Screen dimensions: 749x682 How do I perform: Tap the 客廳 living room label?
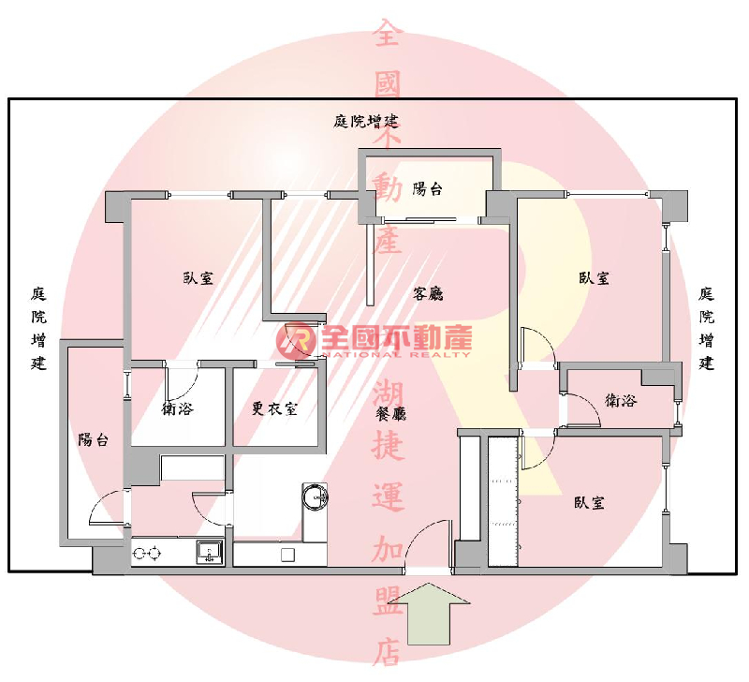tap(428, 293)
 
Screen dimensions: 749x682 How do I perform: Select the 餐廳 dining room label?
tap(390, 413)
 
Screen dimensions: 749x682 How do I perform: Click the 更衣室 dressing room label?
tap(274, 408)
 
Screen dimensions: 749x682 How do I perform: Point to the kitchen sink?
tap(210, 552)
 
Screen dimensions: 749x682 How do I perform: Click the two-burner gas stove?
tap(147, 554)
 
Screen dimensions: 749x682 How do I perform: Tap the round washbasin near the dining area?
tap(315, 497)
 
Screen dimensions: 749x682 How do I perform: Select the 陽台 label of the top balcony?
tap(428, 189)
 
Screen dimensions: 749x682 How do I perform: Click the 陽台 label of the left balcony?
tap(93, 439)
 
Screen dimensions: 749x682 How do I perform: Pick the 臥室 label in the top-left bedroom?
tap(198, 278)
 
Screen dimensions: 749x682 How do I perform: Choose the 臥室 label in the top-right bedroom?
tap(594, 278)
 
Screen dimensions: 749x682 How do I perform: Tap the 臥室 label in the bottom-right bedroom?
tap(589, 503)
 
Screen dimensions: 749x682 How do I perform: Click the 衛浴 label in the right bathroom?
tap(621, 400)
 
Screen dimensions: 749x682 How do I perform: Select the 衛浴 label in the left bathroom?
tap(177, 409)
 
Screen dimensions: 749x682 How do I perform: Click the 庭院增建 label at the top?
tap(365, 122)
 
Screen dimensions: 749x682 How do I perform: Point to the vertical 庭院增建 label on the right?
tap(706, 328)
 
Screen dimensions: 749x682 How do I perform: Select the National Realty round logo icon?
tap(296, 341)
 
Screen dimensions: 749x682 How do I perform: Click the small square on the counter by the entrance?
tap(287, 555)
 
